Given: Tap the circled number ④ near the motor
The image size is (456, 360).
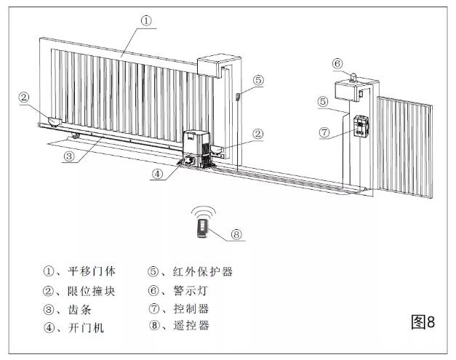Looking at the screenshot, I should [x=159, y=173].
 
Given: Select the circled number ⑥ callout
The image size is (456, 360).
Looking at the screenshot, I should [x=336, y=63].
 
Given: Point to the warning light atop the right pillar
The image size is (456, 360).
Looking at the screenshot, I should [x=351, y=75].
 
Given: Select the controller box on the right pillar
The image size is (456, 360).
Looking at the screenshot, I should [x=361, y=128].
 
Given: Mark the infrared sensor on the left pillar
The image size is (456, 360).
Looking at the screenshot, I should [x=237, y=96].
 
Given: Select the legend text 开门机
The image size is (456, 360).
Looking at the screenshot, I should [x=84, y=328].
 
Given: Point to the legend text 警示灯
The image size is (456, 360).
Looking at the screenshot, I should [x=190, y=291].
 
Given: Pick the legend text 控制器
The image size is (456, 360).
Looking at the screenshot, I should [x=190, y=309].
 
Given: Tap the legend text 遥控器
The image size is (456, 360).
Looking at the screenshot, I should [x=190, y=326].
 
